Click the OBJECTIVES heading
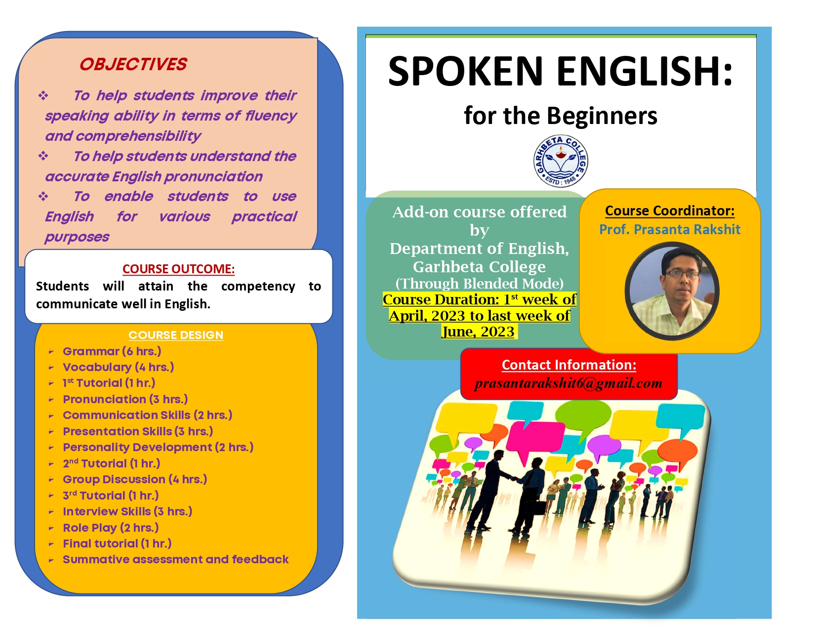(x=133, y=64)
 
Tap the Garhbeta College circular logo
(x=561, y=161)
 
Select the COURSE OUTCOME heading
(x=178, y=269)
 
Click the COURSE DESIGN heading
(x=176, y=335)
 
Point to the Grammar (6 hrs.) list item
(x=112, y=351)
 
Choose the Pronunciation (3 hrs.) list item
(x=125, y=399)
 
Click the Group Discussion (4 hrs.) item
(x=135, y=479)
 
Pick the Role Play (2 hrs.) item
(x=111, y=528)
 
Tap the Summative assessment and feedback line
(x=175, y=559)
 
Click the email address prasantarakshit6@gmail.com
(x=568, y=383)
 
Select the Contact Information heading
(x=569, y=365)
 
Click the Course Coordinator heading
(x=670, y=210)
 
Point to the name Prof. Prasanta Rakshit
(x=670, y=229)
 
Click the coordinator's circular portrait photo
(x=672, y=291)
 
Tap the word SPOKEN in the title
(x=466, y=72)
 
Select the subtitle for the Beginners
(x=561, y=116)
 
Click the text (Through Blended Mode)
(x=479, y=284)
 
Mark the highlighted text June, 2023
(x=478, y=332)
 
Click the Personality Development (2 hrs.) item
(x=158, y=447)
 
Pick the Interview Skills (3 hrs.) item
(x=127, y=511)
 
